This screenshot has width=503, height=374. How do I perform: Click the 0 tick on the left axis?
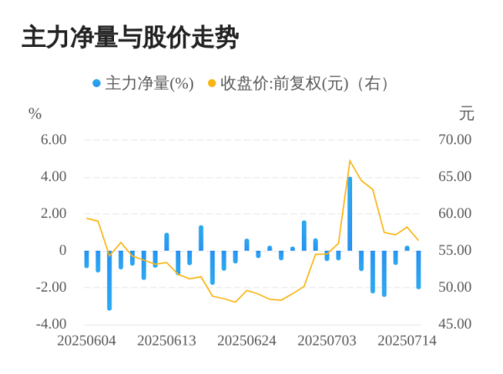coord(61,251)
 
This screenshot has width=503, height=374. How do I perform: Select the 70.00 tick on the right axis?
coord(456,140)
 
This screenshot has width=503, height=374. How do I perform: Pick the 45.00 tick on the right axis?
coord(456,325)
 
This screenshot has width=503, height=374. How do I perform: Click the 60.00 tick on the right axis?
coord(456,214)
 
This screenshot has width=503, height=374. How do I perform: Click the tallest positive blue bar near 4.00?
coord(350,213)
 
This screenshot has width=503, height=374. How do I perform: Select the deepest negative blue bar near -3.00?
coord(109,280)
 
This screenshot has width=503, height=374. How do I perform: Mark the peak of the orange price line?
coord(350,160)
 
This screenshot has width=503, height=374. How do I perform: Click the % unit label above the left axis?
coord(34,113)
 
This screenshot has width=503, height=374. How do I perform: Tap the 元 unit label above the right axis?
coord(467,113)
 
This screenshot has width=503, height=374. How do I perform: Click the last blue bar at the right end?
coord(418,269)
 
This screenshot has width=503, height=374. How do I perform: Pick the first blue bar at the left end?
coord(86,259)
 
